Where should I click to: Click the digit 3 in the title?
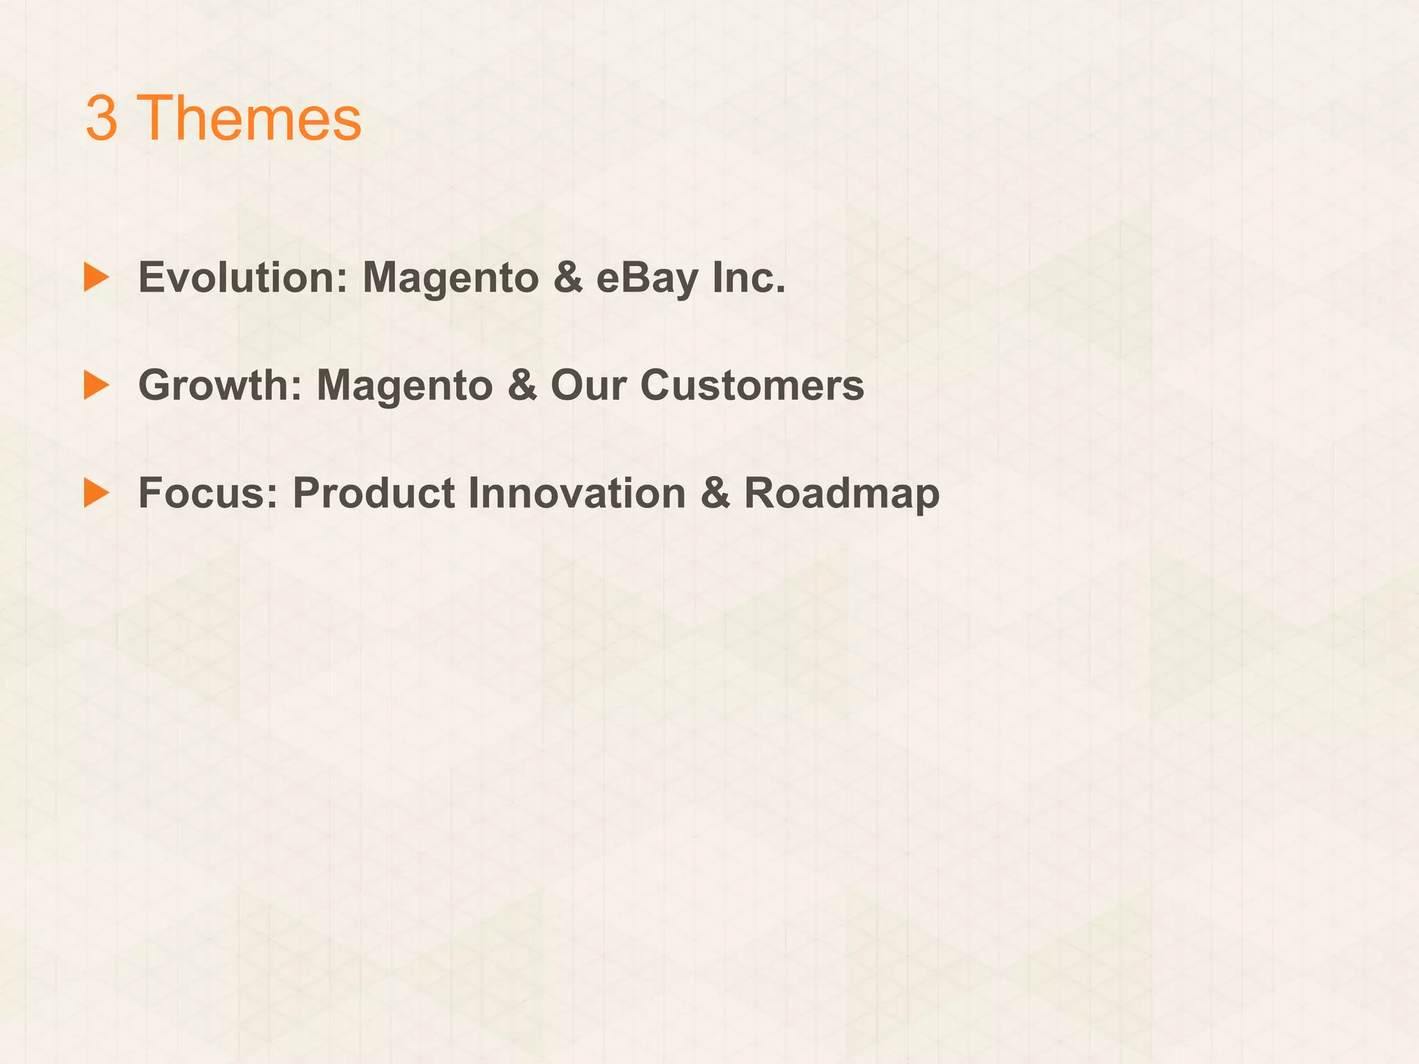coord(101,118)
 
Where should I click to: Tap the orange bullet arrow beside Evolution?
coord(96,277)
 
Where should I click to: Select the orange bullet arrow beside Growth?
coord(96,385)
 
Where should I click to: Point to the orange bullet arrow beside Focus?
coord(96,493)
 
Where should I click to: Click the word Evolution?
coord(242,278)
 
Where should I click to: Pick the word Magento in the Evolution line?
coord(450,278)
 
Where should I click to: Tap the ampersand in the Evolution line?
coord(568,278)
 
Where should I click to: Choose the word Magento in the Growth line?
coord(404,385)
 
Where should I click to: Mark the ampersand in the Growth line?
coord(522,385)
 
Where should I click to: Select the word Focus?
coord(208,493)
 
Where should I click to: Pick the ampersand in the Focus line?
coord(715,493)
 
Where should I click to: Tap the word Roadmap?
coord(842,493)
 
